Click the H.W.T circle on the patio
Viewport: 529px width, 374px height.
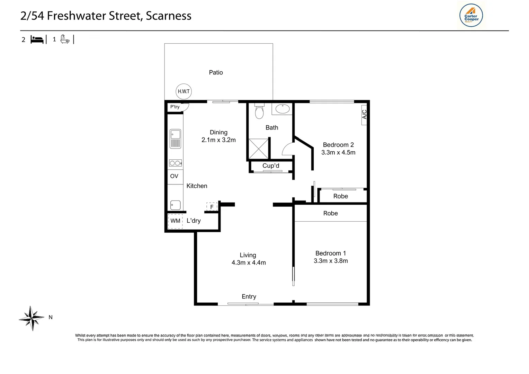click(x=183, y=91)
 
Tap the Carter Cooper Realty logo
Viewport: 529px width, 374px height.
click(x=471, y=16)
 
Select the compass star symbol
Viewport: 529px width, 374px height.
click(x=32, y=318)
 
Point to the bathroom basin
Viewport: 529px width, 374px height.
click(x=282, y=109)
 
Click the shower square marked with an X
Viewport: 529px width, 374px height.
click(x=258, y=149)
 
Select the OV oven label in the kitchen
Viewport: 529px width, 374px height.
click(x=174, y=176)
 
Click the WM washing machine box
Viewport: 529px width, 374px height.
click(x=175, y=221)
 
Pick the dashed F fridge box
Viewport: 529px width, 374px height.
click(x=212, y=207)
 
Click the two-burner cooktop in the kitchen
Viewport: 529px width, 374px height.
click(x=175, y=163)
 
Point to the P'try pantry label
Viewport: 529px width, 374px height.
click(x=175, y=107)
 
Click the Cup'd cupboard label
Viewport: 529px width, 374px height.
click(x=271, y=166)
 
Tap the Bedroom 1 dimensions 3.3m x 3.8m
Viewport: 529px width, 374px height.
click(x=331, y=261)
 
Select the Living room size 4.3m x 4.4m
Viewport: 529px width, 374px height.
click(x=249, y=262)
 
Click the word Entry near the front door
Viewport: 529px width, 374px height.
click(x=249, y=296)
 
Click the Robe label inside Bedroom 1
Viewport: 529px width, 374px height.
click(x=330, y=213)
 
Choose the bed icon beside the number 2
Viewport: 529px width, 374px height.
click(x=37, y=40)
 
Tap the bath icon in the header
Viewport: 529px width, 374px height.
click(x=65, y=39)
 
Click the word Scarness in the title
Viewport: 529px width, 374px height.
click(x=168, y=16)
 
